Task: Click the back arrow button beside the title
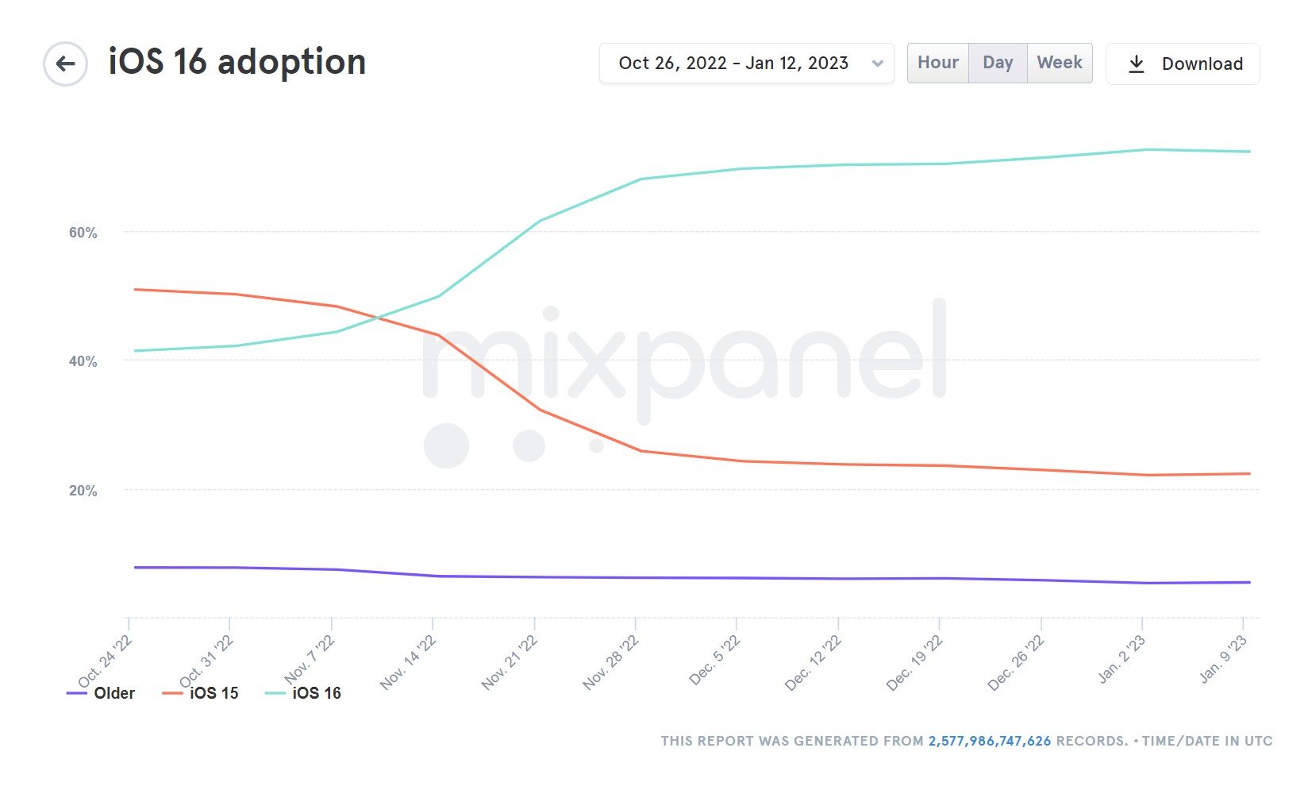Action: point(65,64)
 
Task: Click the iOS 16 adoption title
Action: point(237,62)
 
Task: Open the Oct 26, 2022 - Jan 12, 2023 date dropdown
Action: point(746,64)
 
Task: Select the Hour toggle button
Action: point(938,63)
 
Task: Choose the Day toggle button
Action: point(998,63)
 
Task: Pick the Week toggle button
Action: point(1060,63)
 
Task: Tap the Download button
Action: point(1183,64)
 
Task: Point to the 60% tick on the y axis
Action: point(83,233)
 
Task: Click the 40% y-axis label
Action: point(83,361)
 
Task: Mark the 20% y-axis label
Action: point(83,491)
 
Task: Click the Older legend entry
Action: point(102,693)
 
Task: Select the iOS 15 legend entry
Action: point(201,693)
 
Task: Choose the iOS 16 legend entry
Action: point(303,693)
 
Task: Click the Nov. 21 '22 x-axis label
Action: point(510,663)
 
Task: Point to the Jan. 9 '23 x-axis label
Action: point(1225,661)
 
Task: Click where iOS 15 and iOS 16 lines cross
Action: point(376,319)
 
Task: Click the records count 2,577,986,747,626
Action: point(989,741)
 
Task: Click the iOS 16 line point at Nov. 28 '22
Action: point(640,179)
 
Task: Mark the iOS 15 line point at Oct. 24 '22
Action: point(135,289)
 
